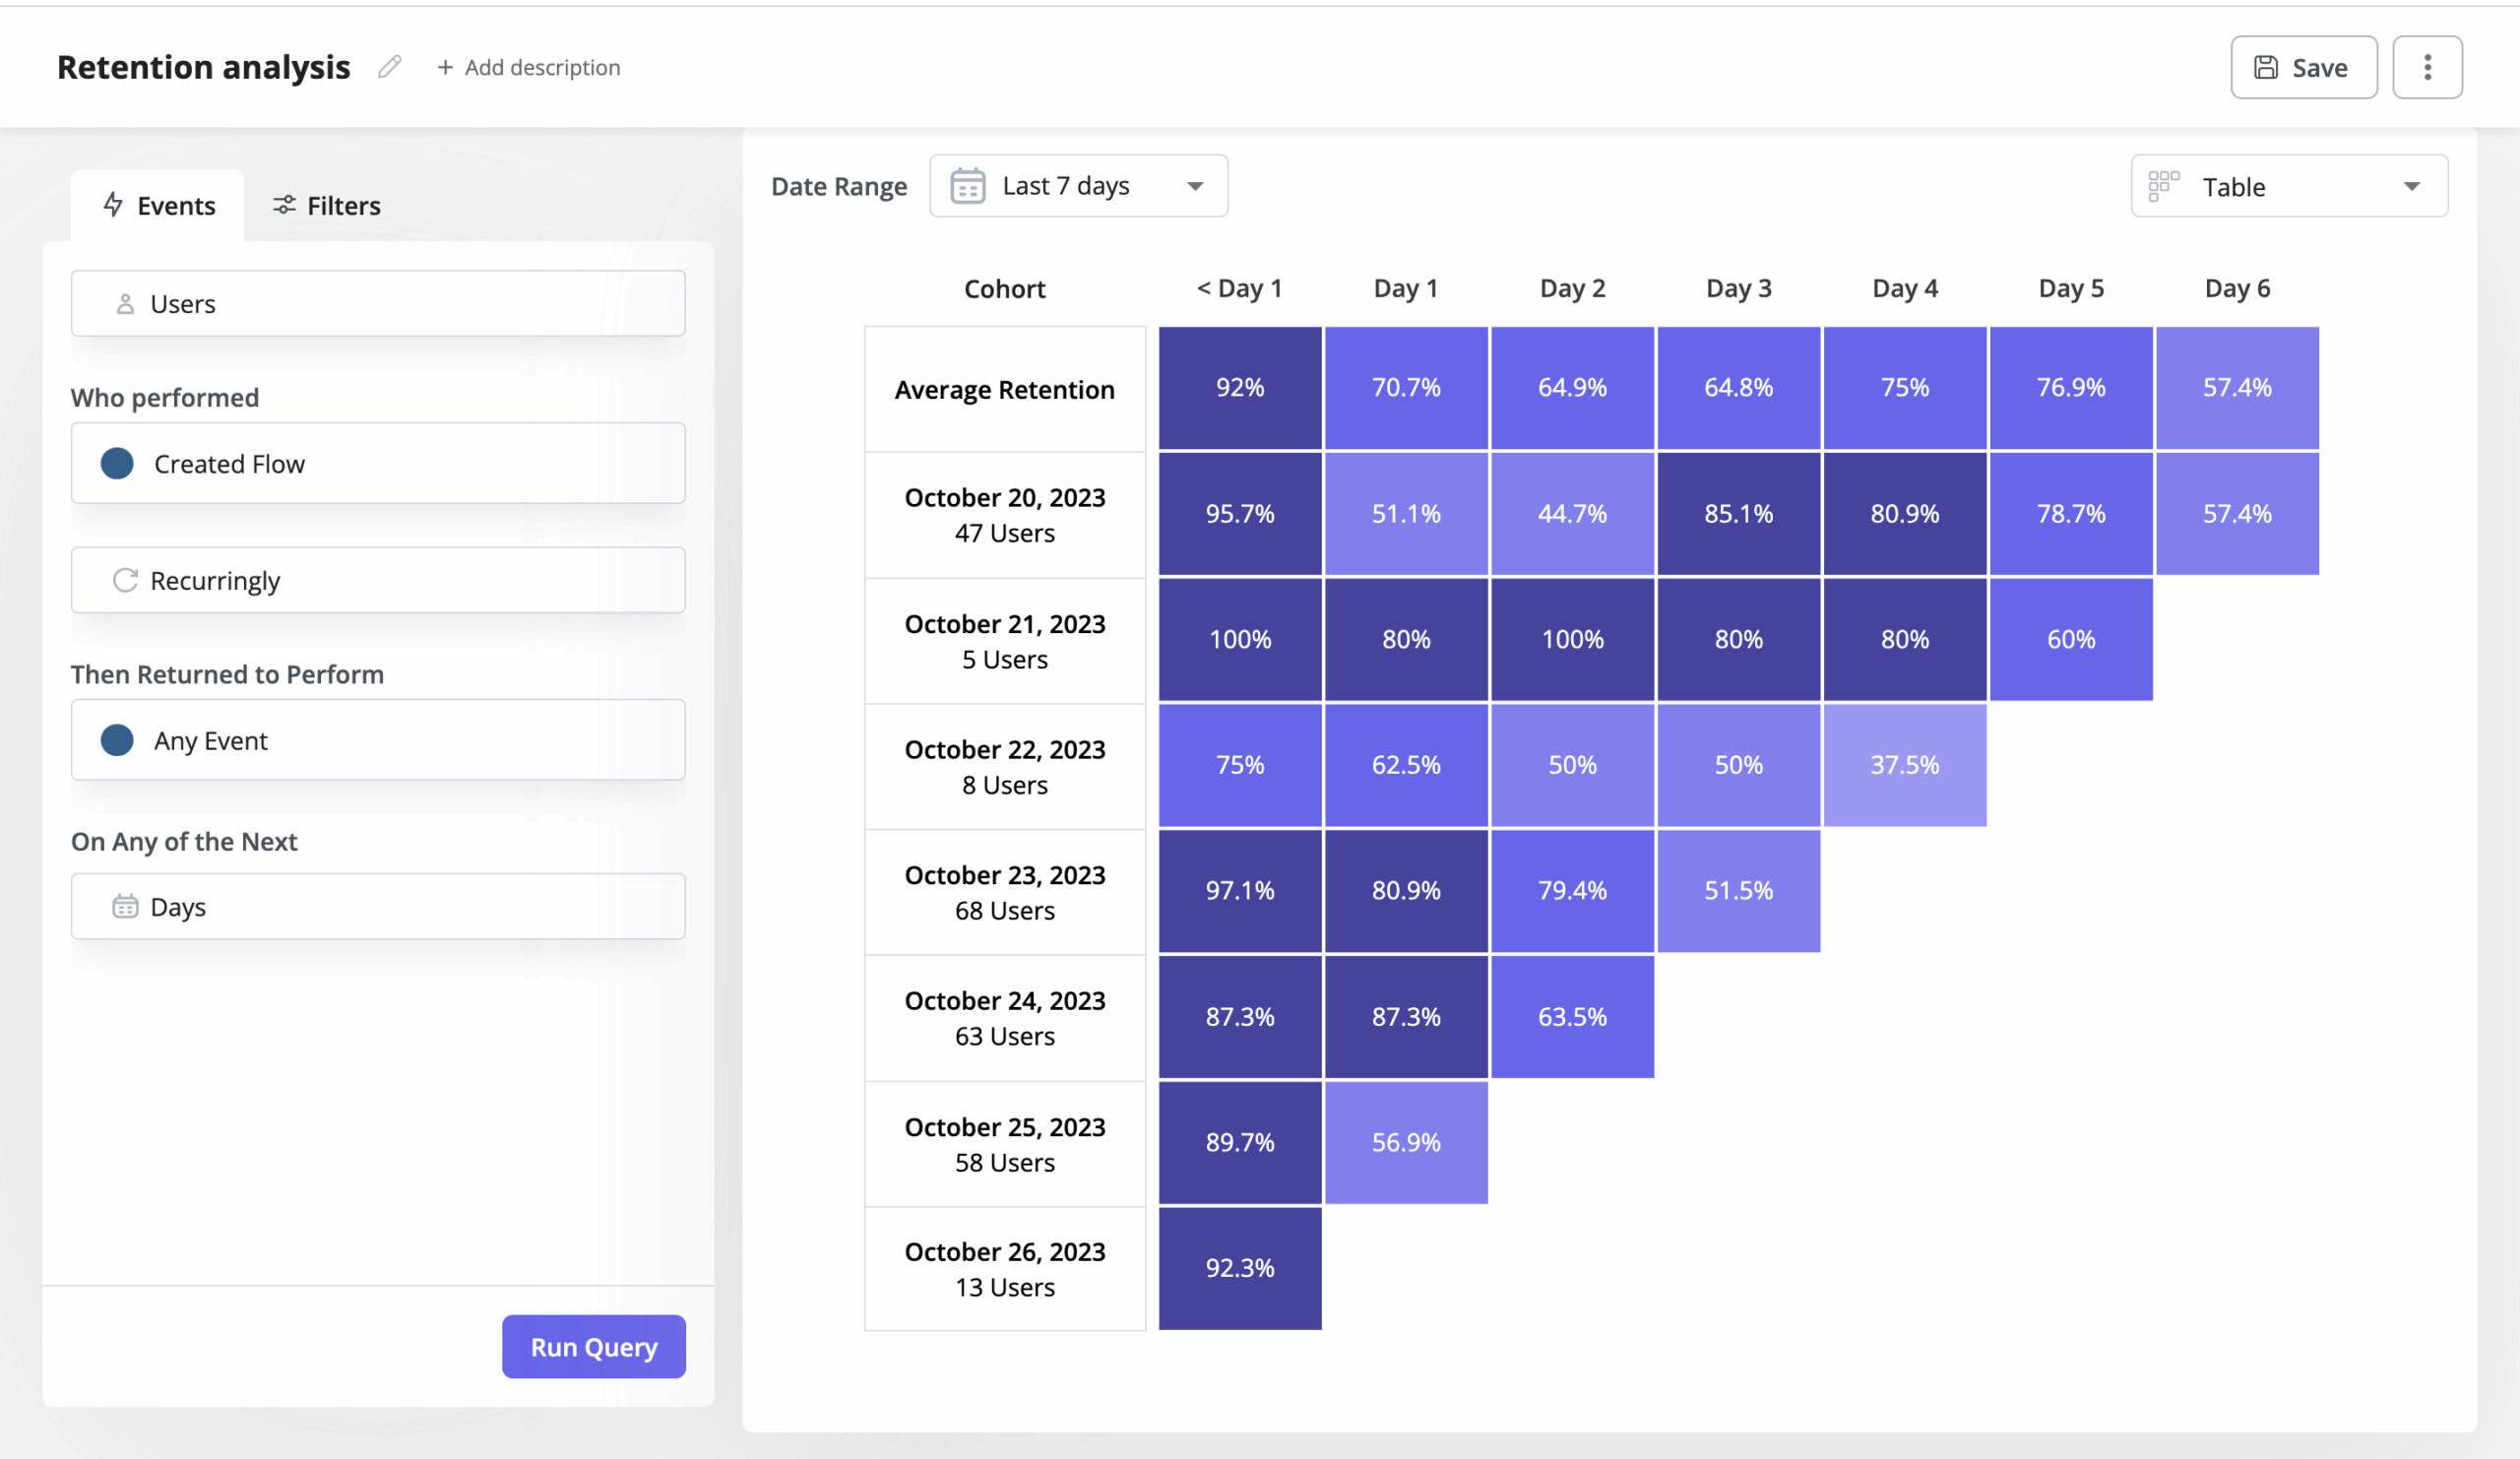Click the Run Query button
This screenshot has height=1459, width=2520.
[x=593, y=1346]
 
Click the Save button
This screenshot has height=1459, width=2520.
[x=2303, y=67]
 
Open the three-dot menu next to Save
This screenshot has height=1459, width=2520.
[x=2427, y=67]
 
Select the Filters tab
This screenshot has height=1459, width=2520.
[x=327, y=205]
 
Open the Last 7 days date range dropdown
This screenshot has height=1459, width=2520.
[x=1078, y=186]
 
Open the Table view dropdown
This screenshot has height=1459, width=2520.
[x=2288, y=186]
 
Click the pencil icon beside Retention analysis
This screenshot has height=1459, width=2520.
[x=390, y=67]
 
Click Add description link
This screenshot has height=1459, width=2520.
[x=529, y=67]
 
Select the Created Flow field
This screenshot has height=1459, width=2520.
[x=378, y=463]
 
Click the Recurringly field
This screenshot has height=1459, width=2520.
[x=378, y=580]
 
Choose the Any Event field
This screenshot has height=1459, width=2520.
[x=378, y=740]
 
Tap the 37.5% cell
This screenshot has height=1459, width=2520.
[x=1904, y=765]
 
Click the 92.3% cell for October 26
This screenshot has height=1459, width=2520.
[x=1240, y=1268]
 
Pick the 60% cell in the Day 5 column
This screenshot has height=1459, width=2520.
[x=2070, y=639]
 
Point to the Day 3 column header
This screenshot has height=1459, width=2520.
[x=1738, y=288]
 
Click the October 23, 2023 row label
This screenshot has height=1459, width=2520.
[x=1004, y=892]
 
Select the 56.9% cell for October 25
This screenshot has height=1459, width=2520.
[x=1406, y=1142]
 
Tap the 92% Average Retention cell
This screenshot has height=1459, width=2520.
[x=1240, y=388]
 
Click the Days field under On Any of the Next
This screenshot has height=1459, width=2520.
[x=378, y=906]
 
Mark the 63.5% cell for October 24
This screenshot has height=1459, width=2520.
[x=1572, y=1016]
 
